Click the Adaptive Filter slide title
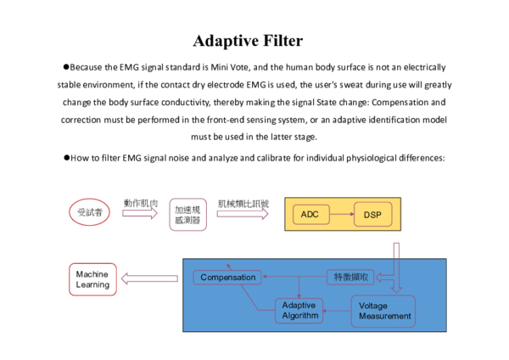click(247, 40)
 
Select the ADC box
click(309, 214)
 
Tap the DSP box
click(372, 214)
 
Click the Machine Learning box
click(92, 279)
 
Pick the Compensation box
click(227, 278)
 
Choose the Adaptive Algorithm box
click(299, 310)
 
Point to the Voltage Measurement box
click(384, 311)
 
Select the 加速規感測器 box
click(187, 214)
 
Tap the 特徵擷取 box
click(350, 277)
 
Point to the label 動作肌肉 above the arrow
click(140, 203)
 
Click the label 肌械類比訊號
click(243, 203)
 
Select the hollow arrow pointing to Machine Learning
click(150, 278)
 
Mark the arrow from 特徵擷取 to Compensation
click(294, 278)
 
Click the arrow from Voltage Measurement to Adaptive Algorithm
click(337, 312)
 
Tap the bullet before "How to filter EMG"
click(65, 158)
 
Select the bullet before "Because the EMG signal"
click(65, 66)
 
